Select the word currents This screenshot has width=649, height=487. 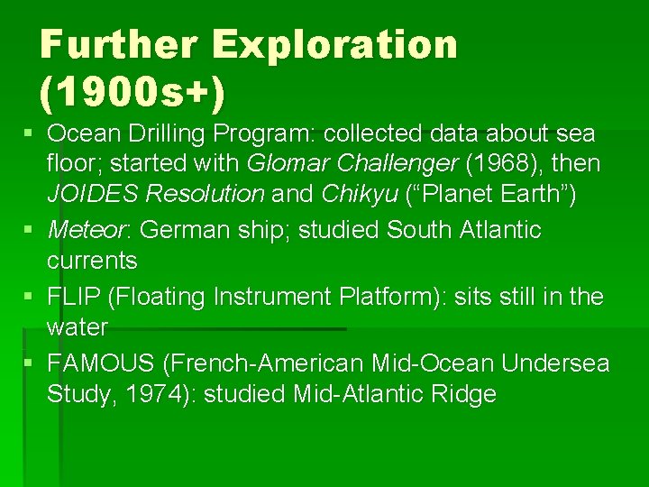pos(92,262)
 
